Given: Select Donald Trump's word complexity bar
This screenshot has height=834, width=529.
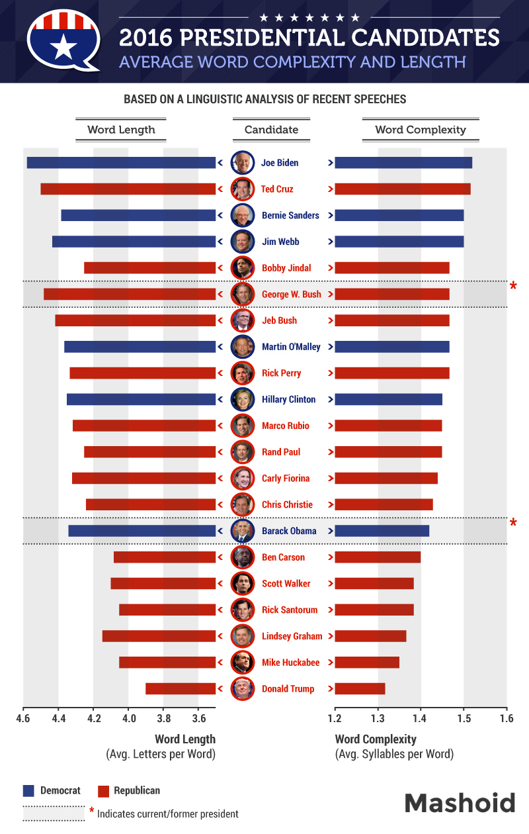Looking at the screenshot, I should [x=360, y=689].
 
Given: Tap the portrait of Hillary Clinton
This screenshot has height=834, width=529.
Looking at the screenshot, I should [x=243, y=399].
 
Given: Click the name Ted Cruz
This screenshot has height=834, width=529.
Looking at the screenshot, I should [x=277, y=189].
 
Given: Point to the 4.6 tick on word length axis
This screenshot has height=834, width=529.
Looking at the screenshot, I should [x=23, y=718].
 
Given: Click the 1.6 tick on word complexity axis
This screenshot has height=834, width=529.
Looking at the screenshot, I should [x=507, y=718].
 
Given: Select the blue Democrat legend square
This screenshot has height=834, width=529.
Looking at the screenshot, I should [x=29, y=790].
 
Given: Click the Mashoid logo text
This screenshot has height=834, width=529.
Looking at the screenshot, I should [x=460, y=803].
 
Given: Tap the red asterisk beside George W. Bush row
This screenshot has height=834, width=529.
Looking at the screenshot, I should [x=513, y=287].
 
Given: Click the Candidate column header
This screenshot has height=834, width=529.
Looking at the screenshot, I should [x=271, y=130].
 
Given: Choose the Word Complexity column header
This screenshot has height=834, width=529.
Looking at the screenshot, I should [x=421, y=130].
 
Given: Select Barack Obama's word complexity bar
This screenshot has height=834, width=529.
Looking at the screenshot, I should [x=382, y=531].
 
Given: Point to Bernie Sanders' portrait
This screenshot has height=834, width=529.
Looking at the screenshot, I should [x=243, y=215].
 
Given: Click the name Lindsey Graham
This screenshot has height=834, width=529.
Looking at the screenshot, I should [x=292, y=636].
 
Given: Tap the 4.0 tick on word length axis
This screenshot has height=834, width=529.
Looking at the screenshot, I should [x=128, y=718].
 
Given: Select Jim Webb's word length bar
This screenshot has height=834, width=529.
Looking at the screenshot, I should [x=134, y=242].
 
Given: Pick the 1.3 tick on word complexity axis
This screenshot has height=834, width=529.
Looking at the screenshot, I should [x=378, y=718].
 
